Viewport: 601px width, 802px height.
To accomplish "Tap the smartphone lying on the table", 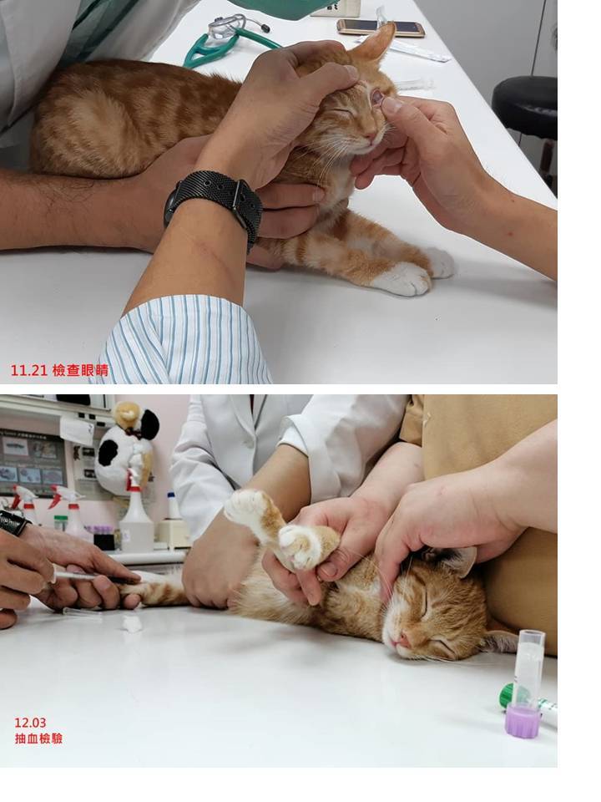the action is click(381, 27).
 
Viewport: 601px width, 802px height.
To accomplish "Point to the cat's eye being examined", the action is click(377, 96).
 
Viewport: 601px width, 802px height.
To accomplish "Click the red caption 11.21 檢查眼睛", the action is click(59, 370).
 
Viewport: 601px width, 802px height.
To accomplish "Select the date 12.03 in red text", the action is click(30, 723).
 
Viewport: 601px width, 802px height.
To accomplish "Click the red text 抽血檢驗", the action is click(38, 739).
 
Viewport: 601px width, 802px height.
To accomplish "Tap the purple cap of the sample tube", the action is click(523, 721).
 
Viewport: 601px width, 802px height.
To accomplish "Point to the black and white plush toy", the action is click(126, 449).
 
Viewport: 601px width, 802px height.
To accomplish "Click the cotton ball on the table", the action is click(133, 623).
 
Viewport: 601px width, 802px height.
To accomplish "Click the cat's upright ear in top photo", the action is click(375, 44).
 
